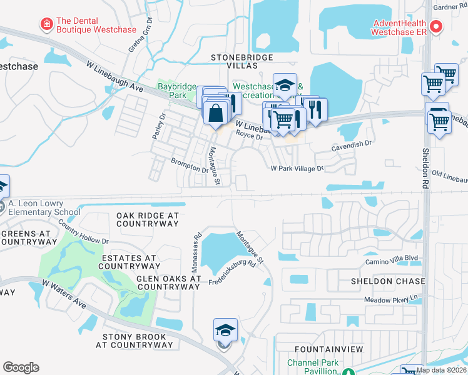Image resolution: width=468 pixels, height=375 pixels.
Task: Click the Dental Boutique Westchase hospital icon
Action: click(46, 24)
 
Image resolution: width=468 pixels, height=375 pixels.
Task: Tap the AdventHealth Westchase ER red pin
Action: click(437, 27)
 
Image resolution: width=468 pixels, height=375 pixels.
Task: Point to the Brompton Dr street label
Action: click(190, 165)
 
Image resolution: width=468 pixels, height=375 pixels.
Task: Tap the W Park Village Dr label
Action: click(297, 169)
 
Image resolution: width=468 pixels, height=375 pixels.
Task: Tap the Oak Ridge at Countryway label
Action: click(148, 219)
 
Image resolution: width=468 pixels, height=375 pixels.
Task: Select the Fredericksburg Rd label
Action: click(233, 273)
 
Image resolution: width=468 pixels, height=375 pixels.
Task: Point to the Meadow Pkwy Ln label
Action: click(390, 300)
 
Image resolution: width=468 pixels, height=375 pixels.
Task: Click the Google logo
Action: click(21, 367)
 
